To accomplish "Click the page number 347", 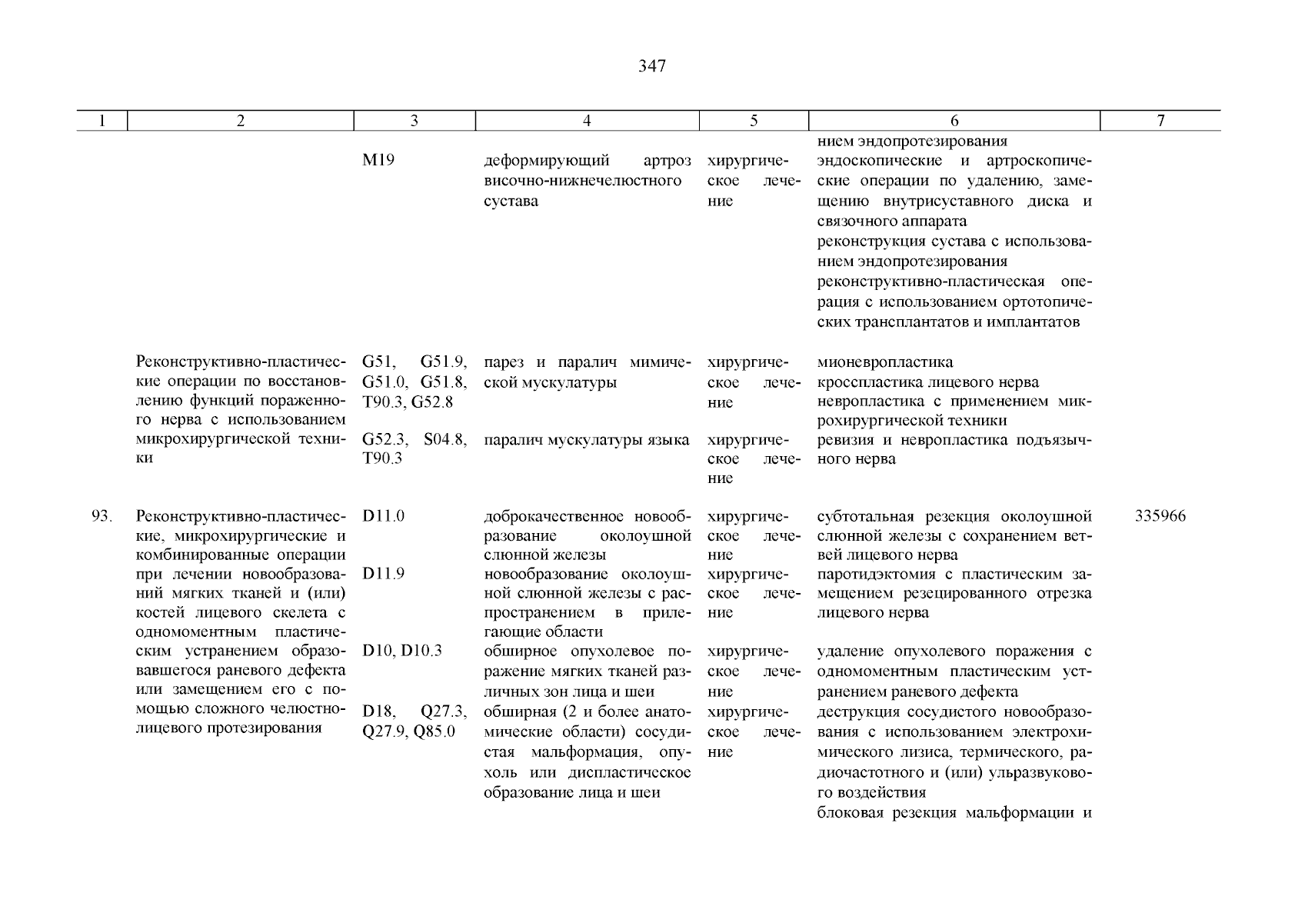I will pyautogui.click(x=652, y=66).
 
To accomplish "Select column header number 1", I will pyautogui.click(x=102, y=121).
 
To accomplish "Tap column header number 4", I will pyautogui.click(x=587, y=121).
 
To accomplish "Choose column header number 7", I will pyautogui.click(x=1160, y=121).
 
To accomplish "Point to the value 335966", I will pyautogui.click(x=1160, y=516).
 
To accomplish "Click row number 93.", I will pyautogui.click(x=102, y=516).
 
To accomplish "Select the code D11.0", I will pyautogui.click(x=384, y=516).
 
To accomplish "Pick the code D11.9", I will pyautogui.click(x=384, y=574).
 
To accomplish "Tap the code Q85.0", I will pyautogui.click(x=434, y=731).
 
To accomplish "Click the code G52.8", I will pyautogui.click(x=432, y=402).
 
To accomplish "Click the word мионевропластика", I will pyautogui.click(x=884, y=362).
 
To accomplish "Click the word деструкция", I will pyautogui.click(x=854, y=712).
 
